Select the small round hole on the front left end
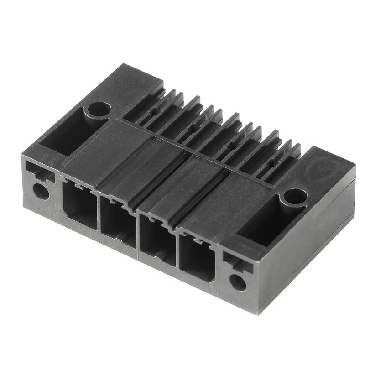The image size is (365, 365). (x=42, y=191)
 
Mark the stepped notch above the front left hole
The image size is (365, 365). (x=39, y=173)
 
